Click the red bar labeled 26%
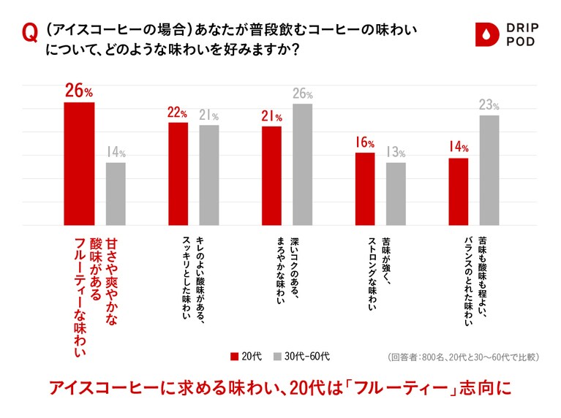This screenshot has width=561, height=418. pyautogui.click(x=80, y=164)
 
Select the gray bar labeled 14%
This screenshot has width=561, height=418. pyautogui.click(x=116, y=194)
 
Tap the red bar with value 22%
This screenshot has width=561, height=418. pyautogui.click(x=178, y=174)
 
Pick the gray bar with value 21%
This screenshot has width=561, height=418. pyautogui.click(x=209, y=175)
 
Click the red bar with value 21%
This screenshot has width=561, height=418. pyautogui.click(x=272, y=175)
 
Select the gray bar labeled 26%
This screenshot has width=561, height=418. pyautogui.click(x=302, y=164)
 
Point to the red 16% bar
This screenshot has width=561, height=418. pyautogui.click(x=365, y=189)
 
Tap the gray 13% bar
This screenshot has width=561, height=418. pyautogui.click(x=396, y=194)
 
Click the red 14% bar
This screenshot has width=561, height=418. pyautogui.click(x=459, y=191)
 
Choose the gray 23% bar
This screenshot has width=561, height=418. pyautogui.click(x=489, y=170)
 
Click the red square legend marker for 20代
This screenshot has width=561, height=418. pyautogui.click(x=235, y=356)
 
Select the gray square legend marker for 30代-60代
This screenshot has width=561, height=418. pyautogui.click(x=278, y=356)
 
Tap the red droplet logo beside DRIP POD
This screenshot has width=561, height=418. pyautogui.click(x=485, y=34)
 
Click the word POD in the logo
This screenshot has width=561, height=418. pyautogui.click(x=520, y=42)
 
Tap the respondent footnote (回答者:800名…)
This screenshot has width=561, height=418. pyautogui.click(x=463, y=357)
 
